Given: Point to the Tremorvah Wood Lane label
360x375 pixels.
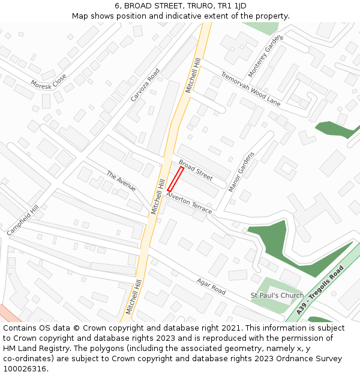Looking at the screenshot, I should pos(250,88).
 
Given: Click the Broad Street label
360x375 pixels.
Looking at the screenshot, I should pos(196,170).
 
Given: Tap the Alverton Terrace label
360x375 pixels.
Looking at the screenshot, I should pos(189,203).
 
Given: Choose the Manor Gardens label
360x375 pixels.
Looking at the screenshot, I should pos(241,172).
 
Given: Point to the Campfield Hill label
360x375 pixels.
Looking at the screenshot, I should pos(22,220).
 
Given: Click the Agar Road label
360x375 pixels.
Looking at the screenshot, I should pos(211,286).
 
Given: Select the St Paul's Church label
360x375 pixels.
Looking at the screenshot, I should pos(277,295).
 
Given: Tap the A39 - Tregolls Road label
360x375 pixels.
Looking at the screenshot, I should pos(320,290).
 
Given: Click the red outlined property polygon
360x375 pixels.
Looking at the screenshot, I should pos(175,179).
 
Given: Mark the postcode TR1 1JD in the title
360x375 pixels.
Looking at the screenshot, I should pos(232,6).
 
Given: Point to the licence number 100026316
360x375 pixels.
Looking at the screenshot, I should pos(25,369).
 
